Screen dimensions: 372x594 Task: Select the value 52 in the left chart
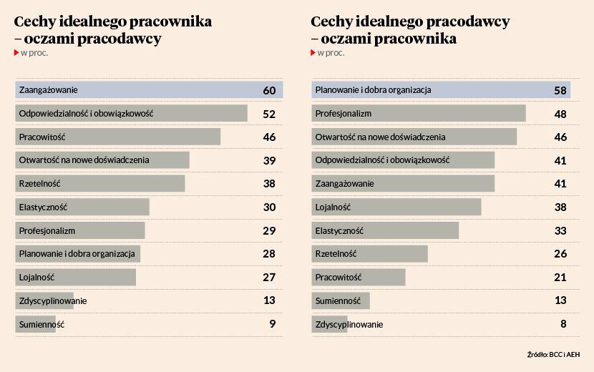tap(269, 114)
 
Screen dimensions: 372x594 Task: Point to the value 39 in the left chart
tap(269, 160)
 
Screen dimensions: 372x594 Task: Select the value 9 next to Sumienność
tap(272, 324)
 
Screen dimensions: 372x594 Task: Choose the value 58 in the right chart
tap(560, 91)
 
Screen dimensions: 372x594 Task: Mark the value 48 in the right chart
tap(560, 114)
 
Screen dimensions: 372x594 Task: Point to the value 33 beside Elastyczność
tap(560, 230)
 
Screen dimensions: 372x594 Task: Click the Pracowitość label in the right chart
tap(339, 277)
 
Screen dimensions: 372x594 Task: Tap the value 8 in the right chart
tap(563, 324)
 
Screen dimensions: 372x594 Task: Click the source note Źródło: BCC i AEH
tap(553, 354)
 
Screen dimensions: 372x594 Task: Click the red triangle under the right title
tap(313, 53)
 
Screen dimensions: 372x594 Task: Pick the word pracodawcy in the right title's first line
tap(469, 22)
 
